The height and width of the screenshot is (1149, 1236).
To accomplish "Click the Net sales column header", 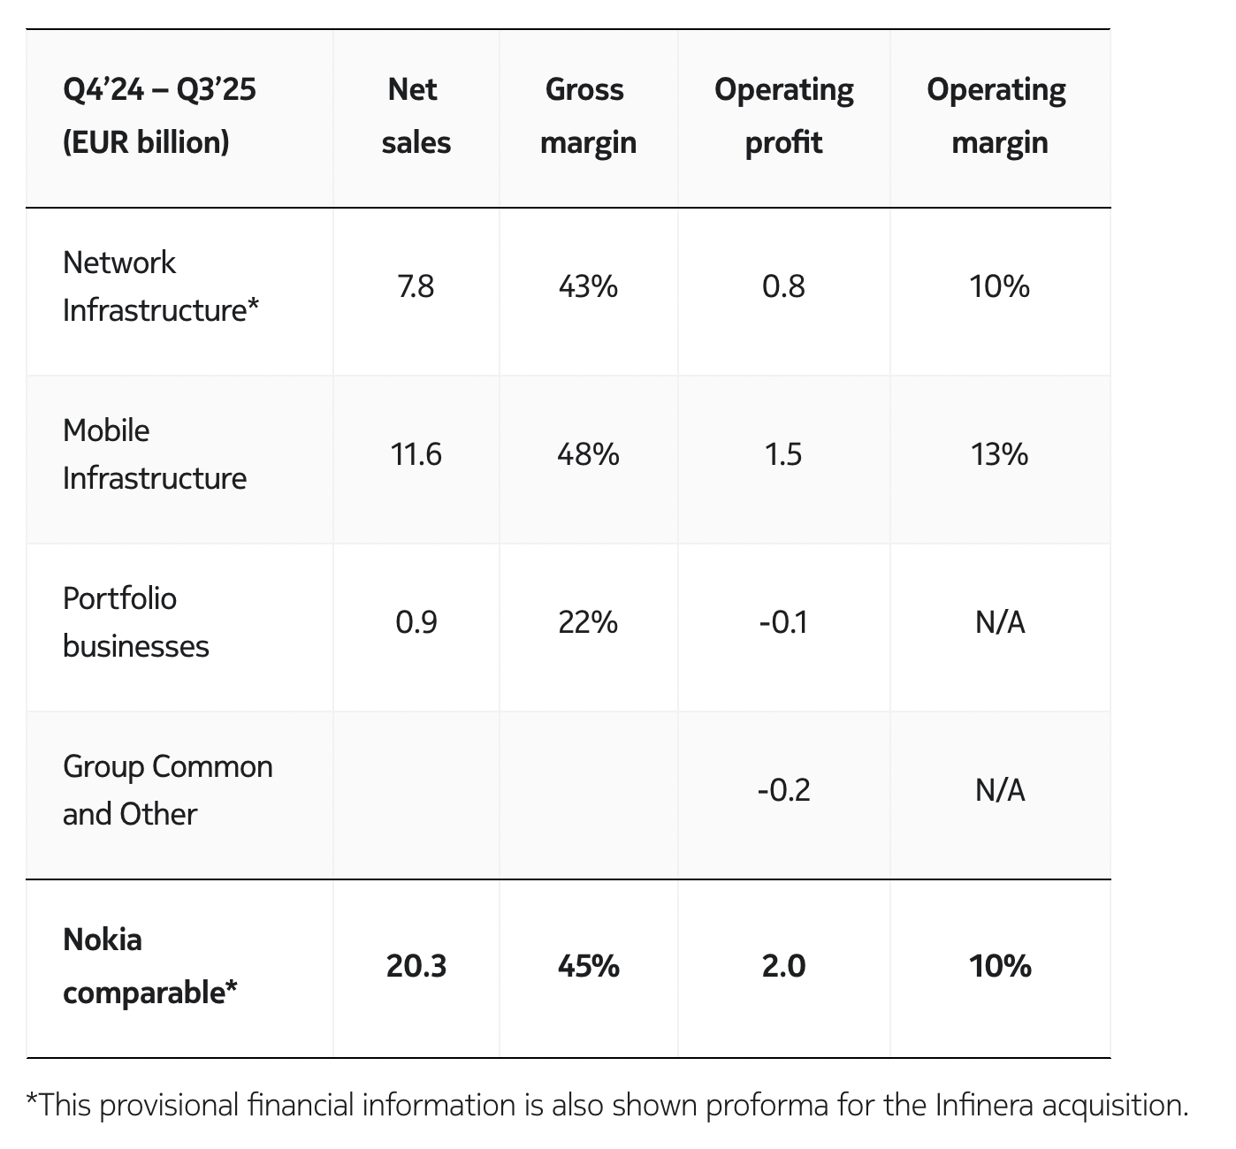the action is [416, 116].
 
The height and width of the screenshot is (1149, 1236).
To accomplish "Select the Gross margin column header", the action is [588, 116].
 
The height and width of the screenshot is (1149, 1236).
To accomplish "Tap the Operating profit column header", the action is [783, 116].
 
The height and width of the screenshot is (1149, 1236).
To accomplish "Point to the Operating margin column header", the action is [1000, 116].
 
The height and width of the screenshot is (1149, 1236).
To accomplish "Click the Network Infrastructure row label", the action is [161, 286].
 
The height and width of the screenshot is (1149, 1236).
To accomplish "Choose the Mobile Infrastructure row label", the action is [155, 454].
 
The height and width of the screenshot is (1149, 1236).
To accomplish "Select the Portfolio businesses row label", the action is [135, 622].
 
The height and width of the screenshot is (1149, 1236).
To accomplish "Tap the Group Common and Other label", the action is [167, 790].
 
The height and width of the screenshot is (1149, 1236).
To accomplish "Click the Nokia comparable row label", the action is [150, 966].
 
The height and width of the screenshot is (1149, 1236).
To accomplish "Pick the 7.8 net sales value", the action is [416, 287].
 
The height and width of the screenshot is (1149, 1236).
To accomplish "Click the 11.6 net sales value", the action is [416, 454].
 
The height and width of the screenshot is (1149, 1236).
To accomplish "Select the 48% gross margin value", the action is [588, 454].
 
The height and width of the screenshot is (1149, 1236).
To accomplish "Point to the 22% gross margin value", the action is [588, 622].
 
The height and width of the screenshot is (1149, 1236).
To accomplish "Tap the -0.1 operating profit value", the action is [783, 622].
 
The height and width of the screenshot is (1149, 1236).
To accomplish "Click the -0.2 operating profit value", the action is [783, 790].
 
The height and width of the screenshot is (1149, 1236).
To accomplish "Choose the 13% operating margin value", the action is [1000, 454].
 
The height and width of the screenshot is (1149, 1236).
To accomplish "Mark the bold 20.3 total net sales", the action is [416, 966].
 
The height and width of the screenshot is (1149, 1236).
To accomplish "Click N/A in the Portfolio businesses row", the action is [1000, 622].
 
